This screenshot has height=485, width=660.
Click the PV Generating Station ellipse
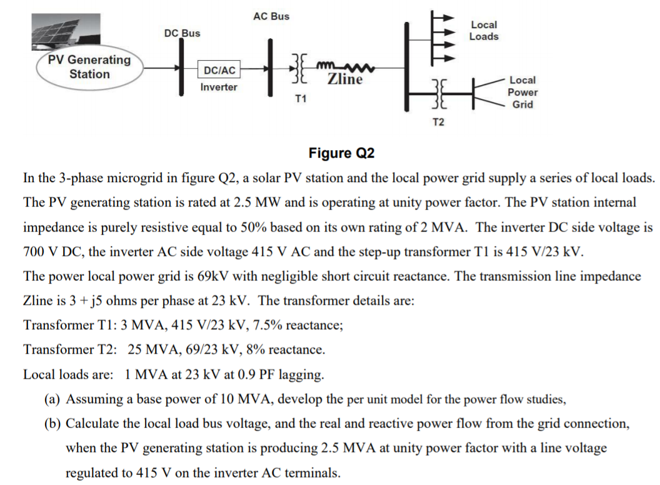pos(89,68)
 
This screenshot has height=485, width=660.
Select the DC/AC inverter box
pos(219,71)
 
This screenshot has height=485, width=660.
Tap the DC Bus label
pos(182,33)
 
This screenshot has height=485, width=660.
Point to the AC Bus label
pos(271,16)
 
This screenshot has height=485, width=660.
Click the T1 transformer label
pos(301,100)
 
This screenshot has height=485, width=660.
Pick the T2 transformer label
pos(438,121)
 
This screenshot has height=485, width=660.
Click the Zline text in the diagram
pos(345,79)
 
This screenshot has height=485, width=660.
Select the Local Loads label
pos(484,31)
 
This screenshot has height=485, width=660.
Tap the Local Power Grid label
pos(522,92)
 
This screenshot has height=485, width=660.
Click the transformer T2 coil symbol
pos(439,93)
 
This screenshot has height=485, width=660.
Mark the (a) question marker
pos(53,399)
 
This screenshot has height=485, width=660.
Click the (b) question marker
pos(53,424)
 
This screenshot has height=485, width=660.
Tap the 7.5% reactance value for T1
pos(252,325)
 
